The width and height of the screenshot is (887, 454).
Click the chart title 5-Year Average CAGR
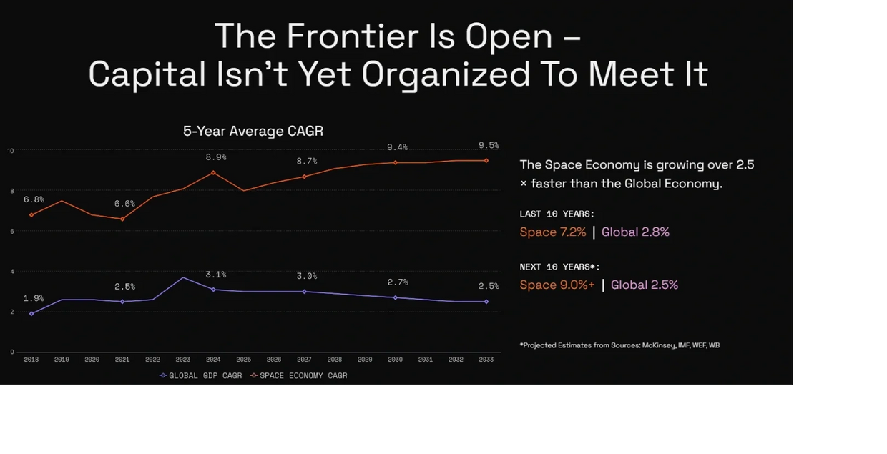point(253,131)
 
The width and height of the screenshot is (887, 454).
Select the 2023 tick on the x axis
point(183,360)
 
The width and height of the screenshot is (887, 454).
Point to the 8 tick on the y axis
point(11,191)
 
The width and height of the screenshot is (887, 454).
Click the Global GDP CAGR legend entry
point(201,375)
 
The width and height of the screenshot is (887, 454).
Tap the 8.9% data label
point(216,157)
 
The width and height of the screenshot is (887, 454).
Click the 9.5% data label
point(489,146)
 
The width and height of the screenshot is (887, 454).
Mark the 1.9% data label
point(34,298)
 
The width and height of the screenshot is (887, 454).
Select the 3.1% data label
point(216,275)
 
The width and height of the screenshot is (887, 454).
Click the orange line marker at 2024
point(213,172)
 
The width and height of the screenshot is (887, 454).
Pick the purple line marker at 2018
point(31,314)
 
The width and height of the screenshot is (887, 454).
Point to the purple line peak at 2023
point(183,277)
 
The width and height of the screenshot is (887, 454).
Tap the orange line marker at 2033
point(486,160)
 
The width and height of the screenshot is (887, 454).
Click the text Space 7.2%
point(553,232)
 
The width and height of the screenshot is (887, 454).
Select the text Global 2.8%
point(635,232)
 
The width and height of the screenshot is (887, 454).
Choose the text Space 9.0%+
point(557,285)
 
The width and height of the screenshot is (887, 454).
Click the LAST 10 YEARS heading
point(557,214)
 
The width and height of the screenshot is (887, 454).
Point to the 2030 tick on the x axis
point(395,360)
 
